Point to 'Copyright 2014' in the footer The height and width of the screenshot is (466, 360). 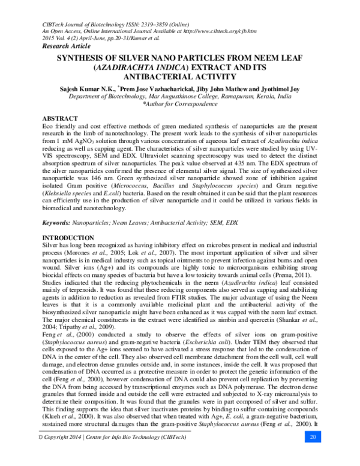tap(63, 453)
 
